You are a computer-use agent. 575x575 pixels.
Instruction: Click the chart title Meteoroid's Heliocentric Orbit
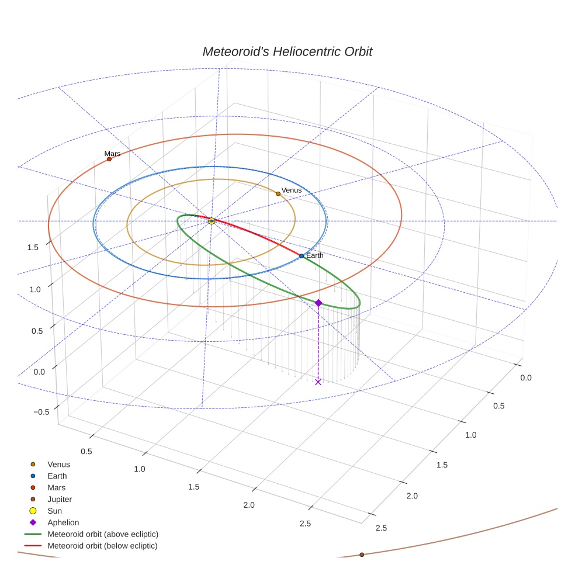[287, 51]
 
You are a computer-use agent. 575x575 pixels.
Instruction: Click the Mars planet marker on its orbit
[109, 159]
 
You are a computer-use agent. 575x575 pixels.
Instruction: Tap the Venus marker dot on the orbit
[278, 193]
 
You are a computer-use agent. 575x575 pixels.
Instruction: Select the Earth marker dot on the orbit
[302, 256]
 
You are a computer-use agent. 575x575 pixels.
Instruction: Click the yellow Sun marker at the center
[212, 221]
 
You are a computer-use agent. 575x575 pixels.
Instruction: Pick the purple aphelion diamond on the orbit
[318, 303]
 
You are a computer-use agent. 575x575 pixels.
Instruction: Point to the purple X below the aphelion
[318, 382]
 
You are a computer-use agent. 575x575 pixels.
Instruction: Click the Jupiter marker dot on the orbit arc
[362, 555]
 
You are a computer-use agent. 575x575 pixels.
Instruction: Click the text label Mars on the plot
[112, 154]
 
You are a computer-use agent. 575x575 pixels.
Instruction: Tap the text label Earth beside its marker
[314, 255]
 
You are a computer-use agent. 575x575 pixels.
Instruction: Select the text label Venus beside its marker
[292, 190]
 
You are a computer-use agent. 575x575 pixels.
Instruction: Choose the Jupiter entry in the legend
[59, 499]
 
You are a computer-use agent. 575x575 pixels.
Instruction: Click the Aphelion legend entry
[63, 522]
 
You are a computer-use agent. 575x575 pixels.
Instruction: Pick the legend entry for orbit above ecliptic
[102, 534]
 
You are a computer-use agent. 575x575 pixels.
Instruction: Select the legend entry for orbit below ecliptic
[102, 546]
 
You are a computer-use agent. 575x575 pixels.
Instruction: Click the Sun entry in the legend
[54, 511]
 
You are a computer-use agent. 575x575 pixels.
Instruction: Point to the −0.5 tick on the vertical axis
[41, 411]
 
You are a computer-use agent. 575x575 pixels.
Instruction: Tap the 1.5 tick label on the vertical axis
[33, 247]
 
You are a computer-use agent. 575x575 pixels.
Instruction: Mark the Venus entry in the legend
[58, 464]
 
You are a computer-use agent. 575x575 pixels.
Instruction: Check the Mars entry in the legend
[56, 487]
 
